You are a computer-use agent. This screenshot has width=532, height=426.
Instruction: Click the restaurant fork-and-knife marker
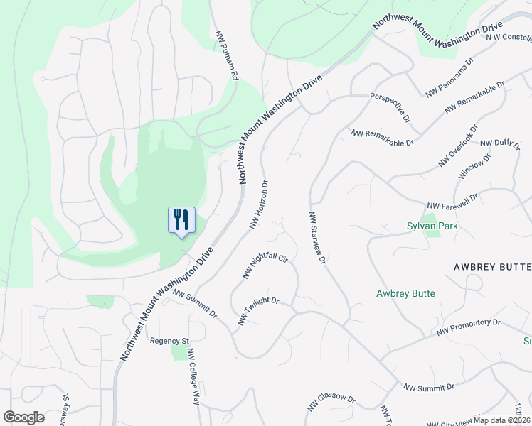click(x=181, y=220)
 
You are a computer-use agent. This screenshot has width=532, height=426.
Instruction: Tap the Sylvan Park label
click(x=432, y=226)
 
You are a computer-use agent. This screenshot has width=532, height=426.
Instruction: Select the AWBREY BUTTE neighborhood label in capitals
click(x=492, y=266)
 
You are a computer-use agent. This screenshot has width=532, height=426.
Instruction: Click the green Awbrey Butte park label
click(x=405, y=293)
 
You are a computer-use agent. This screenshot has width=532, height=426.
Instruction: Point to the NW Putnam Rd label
click(x=228, y=54)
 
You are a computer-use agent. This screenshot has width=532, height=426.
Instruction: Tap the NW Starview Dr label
click(x=316, y=238)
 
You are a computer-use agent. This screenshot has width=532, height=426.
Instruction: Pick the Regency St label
click(x=168, y=341)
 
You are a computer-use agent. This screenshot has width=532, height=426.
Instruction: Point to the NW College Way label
click(x=192, y=376)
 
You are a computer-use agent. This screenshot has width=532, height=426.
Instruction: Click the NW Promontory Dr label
click(x=469, y=327)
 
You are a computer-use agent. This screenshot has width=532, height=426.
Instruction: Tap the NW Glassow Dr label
click(x=331, y=402)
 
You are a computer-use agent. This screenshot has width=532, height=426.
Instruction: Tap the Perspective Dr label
click(x=390, y=106)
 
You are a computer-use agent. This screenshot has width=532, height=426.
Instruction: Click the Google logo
click(x=23, y=417)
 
